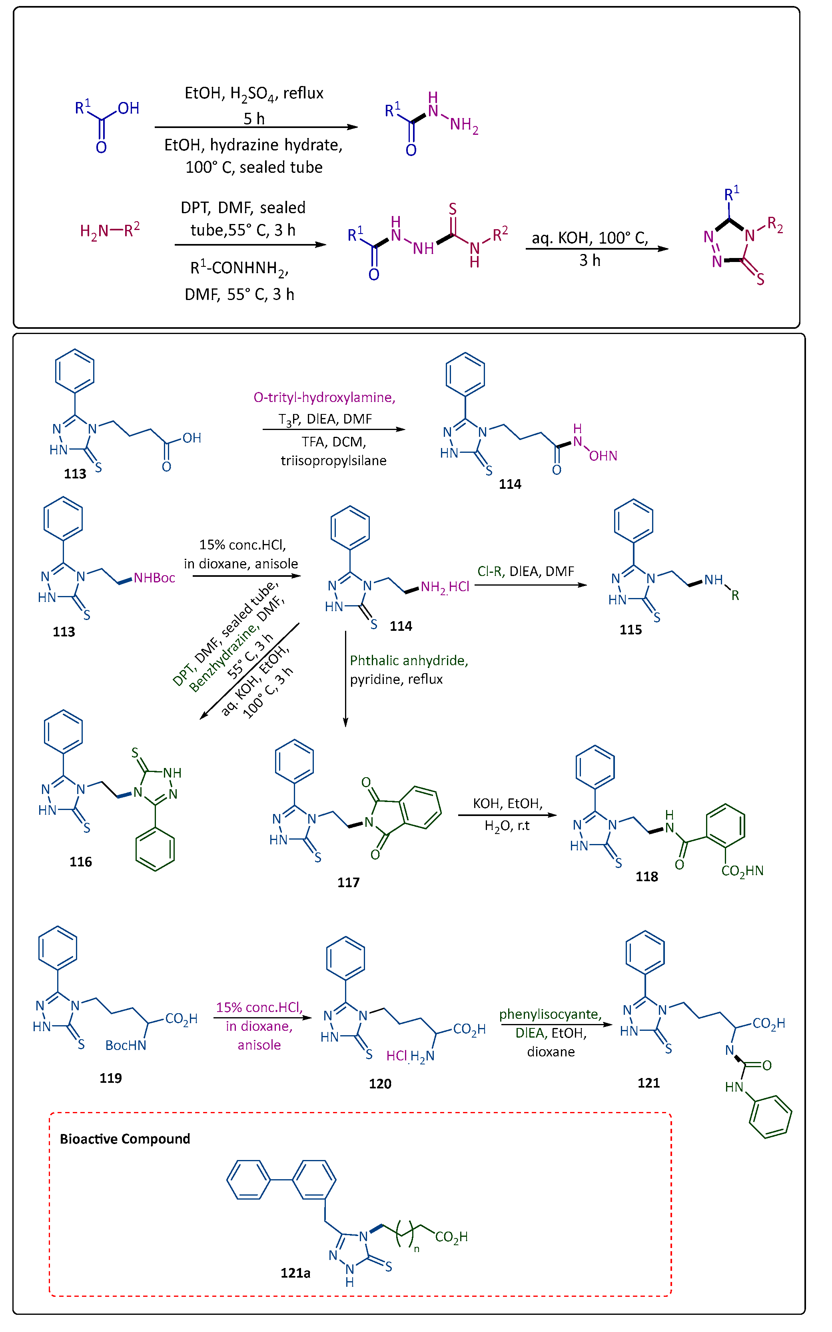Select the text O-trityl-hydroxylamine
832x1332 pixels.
click(324, 397)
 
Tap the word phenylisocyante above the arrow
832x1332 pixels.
click(550, 1014)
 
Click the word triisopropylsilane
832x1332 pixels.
click(333, 461)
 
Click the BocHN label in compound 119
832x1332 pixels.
click(126, 1045)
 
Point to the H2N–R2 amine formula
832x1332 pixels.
click(110, 230)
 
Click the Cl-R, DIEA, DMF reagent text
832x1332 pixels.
click(525, 571)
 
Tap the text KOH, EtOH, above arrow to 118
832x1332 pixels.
click(507, 804)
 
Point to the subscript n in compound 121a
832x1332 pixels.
click(417, 1249)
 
